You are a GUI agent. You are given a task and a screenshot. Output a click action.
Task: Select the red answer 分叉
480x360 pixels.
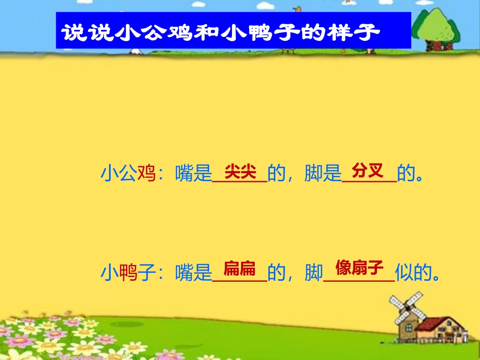tap(367, 170)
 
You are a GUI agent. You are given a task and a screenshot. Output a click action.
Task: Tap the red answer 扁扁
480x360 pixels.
tap(239, 268)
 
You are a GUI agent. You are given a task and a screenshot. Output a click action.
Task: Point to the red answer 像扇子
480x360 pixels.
tap(359, 267)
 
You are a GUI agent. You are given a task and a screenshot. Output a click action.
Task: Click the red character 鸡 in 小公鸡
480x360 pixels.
tap(146, 174)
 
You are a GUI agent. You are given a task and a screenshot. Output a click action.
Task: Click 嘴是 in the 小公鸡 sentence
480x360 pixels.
tap(193, 174)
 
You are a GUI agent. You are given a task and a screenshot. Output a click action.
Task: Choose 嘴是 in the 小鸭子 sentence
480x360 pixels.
tap(193, 273)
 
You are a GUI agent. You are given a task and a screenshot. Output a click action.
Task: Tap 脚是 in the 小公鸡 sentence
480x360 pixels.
tap(323, 174)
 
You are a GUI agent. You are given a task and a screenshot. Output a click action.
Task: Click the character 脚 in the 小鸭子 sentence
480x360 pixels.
tap(313, 273)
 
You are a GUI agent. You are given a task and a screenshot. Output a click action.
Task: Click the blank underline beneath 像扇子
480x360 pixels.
tap(358, 279)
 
